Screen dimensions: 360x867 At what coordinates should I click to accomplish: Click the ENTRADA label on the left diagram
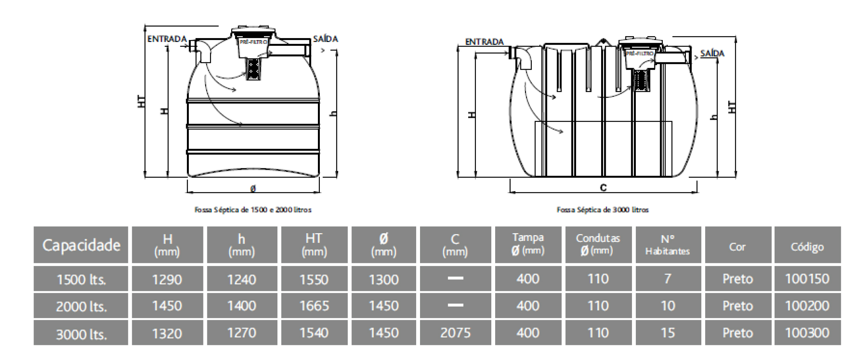pyautogui.click(x=167, y=39)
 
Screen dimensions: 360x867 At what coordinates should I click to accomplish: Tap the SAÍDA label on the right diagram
pyautogui.click(x=712, y=53)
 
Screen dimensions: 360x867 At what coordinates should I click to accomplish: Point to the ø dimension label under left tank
pyautogui.click(x=253, y=189)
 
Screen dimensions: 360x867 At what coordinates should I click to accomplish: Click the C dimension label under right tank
pyautogui.click(x=603, y=188)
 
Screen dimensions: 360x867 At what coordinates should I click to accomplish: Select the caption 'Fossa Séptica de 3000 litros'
pyautogui.click(x=603, y=210)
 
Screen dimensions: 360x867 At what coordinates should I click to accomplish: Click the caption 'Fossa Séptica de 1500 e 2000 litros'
pyautogui.click(x=253, y=210)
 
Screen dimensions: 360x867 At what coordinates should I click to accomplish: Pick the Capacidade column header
pyautogui.click(x=81, y=245)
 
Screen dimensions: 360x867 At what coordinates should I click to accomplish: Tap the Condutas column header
pyautogui.click(x=598, y=245)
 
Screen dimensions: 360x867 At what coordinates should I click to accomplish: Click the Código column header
pyautogui.click(x=807, y=247)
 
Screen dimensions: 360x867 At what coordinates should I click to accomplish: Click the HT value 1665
pyautogui.click(x=314, y=306)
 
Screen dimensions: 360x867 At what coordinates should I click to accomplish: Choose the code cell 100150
pyautogui.click(x=807, y=279)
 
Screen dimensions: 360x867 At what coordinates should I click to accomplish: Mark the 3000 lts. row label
pyautogui.click(x=81, y=334)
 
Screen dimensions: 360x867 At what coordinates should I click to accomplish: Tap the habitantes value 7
pyautogui.click(x=668, y=279)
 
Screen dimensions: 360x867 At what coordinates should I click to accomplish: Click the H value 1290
pyautogui.click(x=167, y=279)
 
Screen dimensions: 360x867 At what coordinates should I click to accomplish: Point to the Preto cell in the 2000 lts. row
pyautogui.click(x=738, y=306)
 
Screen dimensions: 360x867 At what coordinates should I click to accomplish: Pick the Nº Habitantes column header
pyautogui.click(x=668, y=245)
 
